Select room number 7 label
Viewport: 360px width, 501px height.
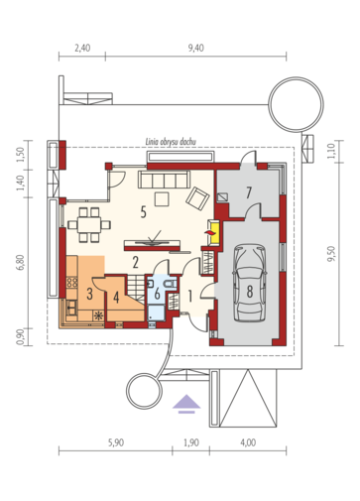[x=250, y=190]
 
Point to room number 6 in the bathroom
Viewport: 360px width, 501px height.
[x=159, y=295]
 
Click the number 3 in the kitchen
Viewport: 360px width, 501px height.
[x=88, y=294]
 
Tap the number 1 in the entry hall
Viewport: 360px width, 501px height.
[x=190, y=295]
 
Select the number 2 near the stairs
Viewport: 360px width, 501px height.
[x=134, y=262]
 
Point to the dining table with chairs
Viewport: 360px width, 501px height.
[x=90, y=220]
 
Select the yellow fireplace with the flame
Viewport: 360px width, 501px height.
[x=209, y=234]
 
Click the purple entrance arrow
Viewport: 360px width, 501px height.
[x=185, y=402]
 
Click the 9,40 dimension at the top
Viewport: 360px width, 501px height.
[x=195, y=47]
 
